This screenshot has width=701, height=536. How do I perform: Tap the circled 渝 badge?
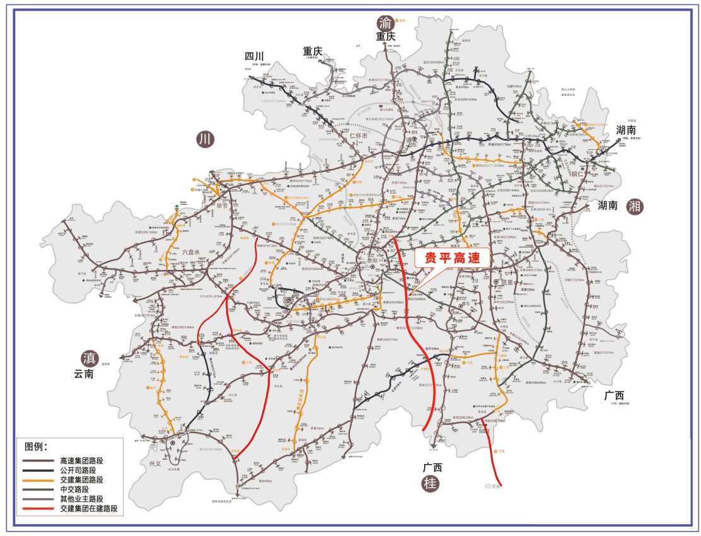[385, 21]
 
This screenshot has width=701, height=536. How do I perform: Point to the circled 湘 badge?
[635, 206]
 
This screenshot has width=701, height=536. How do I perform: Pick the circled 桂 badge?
[431, 484]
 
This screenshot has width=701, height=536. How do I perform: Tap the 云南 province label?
[83, 374]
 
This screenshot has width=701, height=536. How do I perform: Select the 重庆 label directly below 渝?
[385, 37]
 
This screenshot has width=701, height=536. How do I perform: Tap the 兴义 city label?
[155, 463]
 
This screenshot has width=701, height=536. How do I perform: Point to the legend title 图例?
[37, 446]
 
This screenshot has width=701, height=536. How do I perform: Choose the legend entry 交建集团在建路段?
[88, 508]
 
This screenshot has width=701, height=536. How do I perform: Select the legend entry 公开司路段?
[78, 470]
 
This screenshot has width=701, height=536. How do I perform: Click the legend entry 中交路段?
[74, 489]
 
